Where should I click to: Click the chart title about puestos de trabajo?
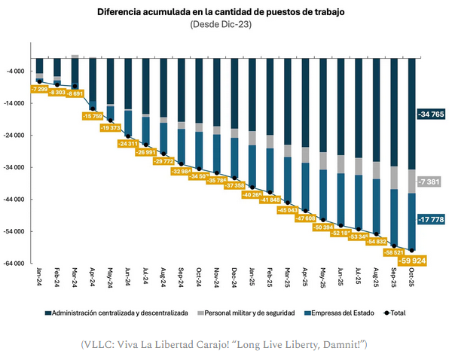(x=226, y=12)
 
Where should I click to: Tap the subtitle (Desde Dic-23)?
(x=226, y=24)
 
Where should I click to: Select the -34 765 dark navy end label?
(x=430, y=114)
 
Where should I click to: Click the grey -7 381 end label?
(x=430, y=182)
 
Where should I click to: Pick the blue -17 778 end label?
(x=430, y=219)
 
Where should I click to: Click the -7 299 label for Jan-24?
(x=41, y=89)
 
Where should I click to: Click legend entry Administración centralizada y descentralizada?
(x=120, y=312)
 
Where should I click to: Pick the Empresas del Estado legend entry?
(x=337, y=312)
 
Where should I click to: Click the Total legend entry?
(x=394, y=312)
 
